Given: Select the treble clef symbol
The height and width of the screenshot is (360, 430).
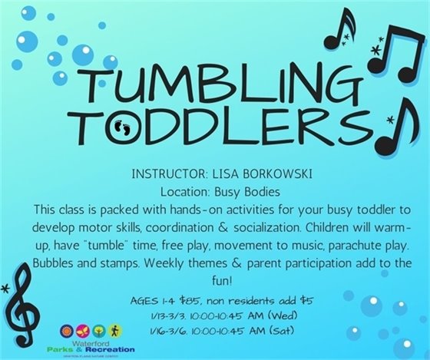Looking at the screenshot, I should click(21, 310).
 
